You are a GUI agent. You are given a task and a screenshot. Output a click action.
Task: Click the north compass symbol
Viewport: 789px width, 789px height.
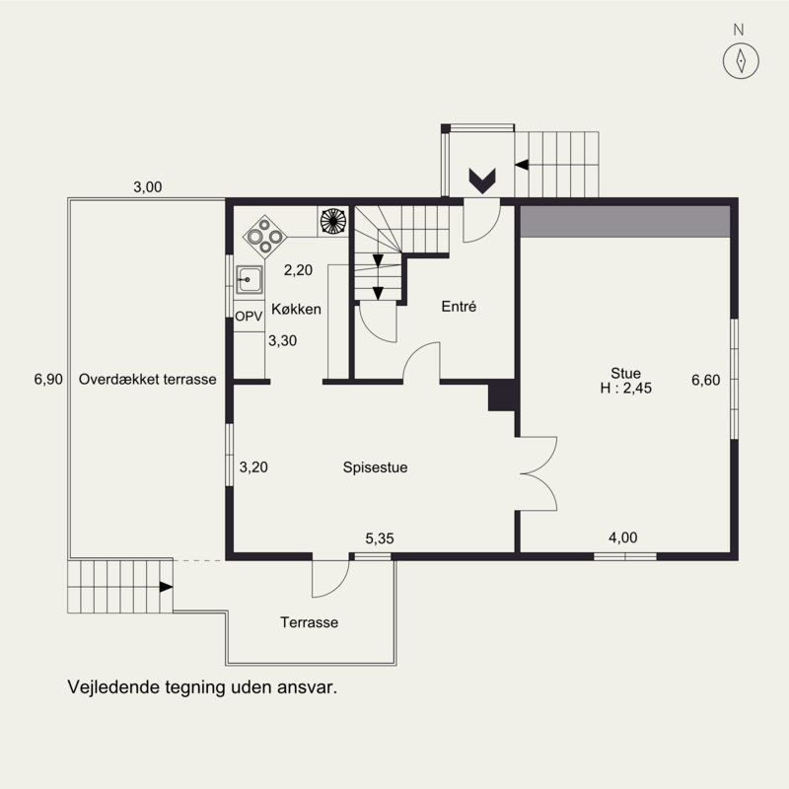[x=741, y=61]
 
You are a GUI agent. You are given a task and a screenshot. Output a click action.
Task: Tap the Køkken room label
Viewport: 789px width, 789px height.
[x=297, y=309]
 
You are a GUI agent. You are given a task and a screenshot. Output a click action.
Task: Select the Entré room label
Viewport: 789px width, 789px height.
[x=459, y=307]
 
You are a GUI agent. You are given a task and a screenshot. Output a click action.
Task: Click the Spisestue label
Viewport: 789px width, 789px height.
[x=375, y=467]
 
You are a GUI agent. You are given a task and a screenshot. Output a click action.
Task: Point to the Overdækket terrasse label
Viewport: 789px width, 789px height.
[x=147, y=379]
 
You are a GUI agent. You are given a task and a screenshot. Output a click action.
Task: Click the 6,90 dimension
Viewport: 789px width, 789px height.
[x=48, y=379]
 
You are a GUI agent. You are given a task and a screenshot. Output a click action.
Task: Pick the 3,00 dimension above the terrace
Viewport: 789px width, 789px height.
[x=147, y=187]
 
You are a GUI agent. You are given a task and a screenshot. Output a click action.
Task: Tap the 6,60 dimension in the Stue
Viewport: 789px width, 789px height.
[x=705, y=380]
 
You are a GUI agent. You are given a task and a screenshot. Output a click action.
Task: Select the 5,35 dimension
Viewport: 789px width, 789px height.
[x=380, y=538]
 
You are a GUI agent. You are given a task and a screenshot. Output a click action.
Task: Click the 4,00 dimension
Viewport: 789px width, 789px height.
[x=623, y=538]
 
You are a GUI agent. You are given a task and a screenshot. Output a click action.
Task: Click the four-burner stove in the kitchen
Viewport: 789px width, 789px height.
[x=264, y=236]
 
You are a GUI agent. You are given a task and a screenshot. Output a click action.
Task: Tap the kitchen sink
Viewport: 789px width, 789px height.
[x=250, y=280]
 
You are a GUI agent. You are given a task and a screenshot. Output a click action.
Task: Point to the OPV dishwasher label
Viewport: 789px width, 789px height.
[x=249, y=317]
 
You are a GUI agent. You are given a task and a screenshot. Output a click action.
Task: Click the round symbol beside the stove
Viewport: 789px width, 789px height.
[x=333, y=221]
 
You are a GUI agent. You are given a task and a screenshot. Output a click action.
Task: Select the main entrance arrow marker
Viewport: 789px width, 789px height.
[x=482, y=181]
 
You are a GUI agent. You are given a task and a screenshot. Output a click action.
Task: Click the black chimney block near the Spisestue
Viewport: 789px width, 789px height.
[x=501, y=395]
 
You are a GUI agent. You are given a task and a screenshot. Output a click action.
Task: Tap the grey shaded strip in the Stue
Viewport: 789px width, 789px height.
[x=624, y=221]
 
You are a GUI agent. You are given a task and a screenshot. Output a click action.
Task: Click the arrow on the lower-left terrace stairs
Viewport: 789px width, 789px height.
[x=166, y=587]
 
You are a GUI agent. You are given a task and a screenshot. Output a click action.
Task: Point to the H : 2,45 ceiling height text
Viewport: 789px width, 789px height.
[x=625, y=388]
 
